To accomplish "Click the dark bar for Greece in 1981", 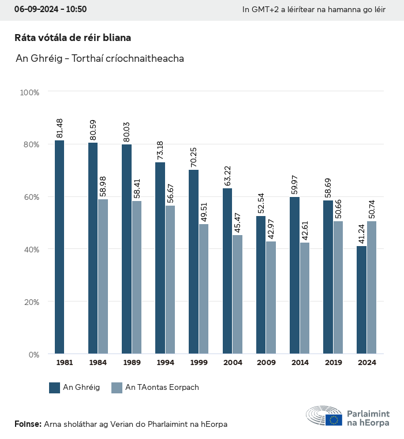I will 59,247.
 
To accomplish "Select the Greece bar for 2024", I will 362,300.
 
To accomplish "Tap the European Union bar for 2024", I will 372,287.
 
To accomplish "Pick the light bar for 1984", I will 103,276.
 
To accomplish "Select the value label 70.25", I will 194,158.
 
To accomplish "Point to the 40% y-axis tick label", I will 31,249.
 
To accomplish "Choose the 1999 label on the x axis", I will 199,363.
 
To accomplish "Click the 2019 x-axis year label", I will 332,363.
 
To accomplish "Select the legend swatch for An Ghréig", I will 55,388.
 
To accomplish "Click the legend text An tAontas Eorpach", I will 162,388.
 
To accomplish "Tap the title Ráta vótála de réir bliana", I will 73,38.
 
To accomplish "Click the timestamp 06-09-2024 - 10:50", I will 50,10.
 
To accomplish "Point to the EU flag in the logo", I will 334,420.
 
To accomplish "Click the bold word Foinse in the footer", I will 28,424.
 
